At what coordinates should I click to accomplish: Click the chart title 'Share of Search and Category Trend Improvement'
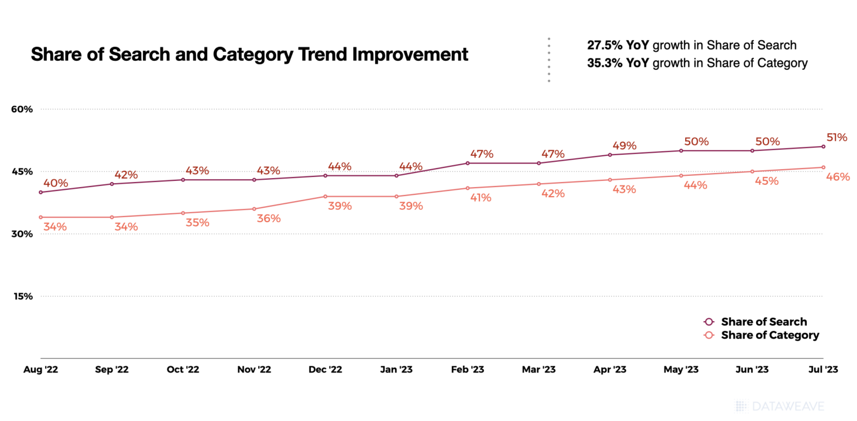(x=249, y=55)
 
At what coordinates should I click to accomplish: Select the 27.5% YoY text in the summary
(x=618, y=45)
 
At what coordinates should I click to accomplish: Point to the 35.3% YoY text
(x=618, y=63)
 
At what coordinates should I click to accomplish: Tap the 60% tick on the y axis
(x=22, y=109)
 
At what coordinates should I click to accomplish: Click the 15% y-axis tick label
(x=22, y=296)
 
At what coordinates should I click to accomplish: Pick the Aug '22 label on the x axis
(x=41, y=370)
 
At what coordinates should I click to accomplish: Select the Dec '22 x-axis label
(x=325, y=370)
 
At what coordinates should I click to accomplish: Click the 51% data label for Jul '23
(x=837, y=137)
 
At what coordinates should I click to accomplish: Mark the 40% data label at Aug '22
(x=55, y=183)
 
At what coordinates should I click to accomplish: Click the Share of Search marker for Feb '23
(x=468, y=163)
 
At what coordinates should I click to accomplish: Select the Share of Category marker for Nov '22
(x=254, y=209)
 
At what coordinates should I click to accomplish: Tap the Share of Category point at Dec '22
(x=325, y=197)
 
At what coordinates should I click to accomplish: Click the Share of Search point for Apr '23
(x=610, y=155)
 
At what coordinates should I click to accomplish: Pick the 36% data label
(x=268, y=219)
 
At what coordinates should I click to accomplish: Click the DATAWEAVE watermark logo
(x=779, y=406)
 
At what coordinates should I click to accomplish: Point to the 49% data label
(x=624, y=146)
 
